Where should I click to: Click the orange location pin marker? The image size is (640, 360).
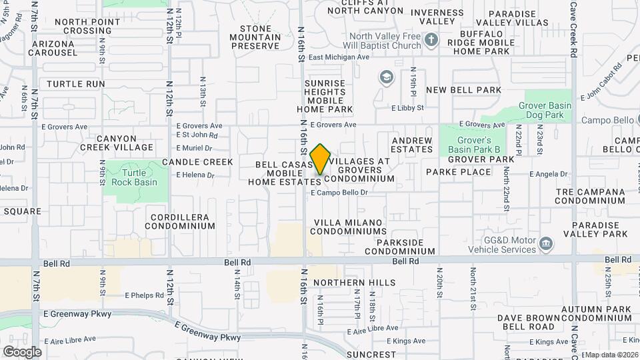pos(321,159)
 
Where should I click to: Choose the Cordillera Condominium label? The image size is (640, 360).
pos(183,221)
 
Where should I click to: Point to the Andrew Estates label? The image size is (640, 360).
pos(412,145)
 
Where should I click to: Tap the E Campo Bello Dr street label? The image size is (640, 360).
pos(340,193)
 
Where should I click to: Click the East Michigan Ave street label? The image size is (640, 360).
pos(339,57)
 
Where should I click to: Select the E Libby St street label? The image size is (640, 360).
pos(407,107)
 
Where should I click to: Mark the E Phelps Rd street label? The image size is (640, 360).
pos(144,295)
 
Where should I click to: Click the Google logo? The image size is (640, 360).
pos(22,351)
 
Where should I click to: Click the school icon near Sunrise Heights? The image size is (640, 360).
pos(386,78)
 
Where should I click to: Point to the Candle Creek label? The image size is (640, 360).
pos(197,162)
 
